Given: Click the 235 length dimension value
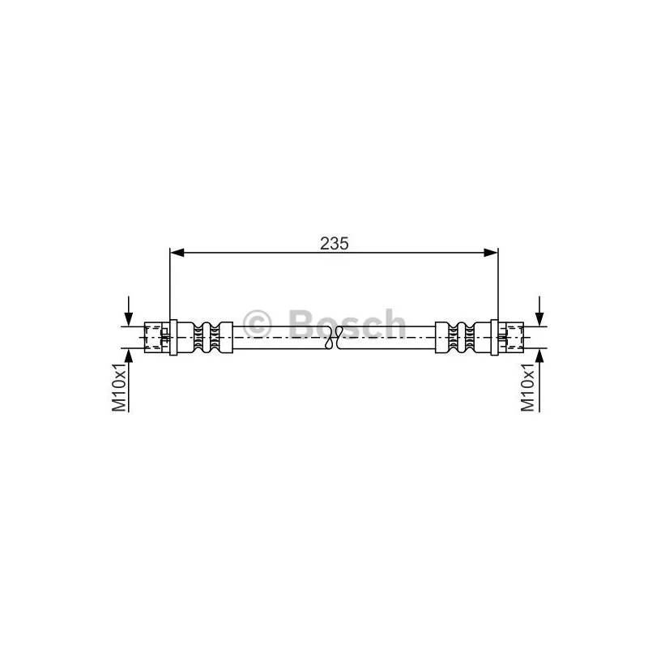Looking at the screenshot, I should [333, 242].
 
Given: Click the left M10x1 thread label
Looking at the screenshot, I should [120, 386].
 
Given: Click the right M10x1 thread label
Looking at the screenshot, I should [529, 386].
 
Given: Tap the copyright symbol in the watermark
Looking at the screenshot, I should [259, 325].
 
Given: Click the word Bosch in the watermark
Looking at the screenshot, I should [347, 325].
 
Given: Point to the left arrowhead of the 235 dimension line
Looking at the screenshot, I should [177, 253].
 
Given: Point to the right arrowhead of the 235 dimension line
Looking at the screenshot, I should [490, 253].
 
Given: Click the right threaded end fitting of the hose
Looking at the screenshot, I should [512, 337].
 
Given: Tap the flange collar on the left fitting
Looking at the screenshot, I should [173, 337].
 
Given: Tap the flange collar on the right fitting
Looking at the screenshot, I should [495, 337].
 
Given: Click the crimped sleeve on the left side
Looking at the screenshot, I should [206, 337].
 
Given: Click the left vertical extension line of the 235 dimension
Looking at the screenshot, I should [169, 283].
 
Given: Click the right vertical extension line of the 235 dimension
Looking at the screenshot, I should [498, 283].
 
